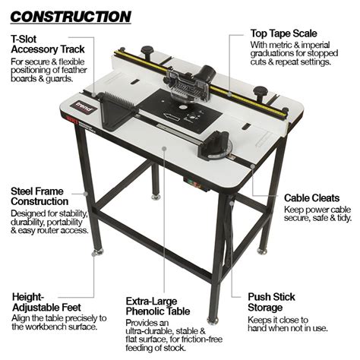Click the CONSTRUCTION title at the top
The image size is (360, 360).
pyautogui.click(x=71, y=15)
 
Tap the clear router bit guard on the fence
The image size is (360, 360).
pyautogui.click(x=186, y=89)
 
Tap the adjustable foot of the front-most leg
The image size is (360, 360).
pyautogui.click(x=213, y=319)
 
